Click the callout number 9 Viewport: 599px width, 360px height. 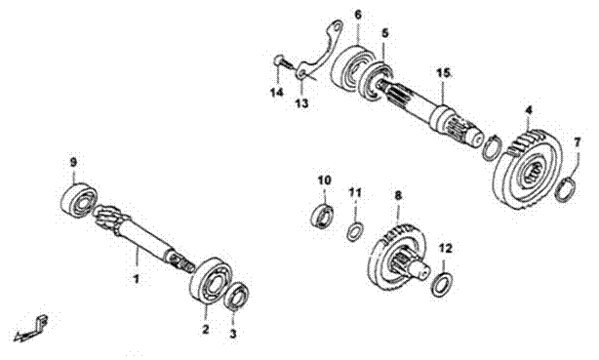(73, 162)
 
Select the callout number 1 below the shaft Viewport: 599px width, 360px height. (137, 279)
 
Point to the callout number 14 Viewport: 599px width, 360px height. (277, 92)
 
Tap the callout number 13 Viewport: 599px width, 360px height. (302, 102)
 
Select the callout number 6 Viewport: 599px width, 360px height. (358, 15)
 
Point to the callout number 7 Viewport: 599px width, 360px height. (578, 143)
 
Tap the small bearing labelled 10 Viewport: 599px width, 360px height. (323, 216)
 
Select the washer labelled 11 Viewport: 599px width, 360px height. (355, 231)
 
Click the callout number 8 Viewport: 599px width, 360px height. (398, 196)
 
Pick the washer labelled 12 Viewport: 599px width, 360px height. (443, 284)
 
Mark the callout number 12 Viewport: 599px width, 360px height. (446, 249)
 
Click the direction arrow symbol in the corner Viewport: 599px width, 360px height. (30, 328)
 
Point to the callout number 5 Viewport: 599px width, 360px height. (384, 33)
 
